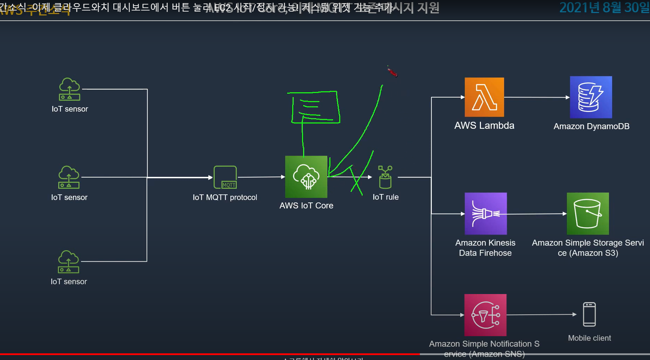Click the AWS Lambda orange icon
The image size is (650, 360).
484,97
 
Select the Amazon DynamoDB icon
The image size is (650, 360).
591,97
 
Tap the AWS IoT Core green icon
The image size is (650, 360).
306,177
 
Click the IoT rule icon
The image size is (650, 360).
385,177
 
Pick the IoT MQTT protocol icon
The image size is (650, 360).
225,177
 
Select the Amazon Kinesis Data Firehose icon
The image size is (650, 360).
485,213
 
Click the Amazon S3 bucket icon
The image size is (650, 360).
588,213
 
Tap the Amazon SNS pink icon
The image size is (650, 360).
485,315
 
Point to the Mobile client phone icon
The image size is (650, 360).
589,314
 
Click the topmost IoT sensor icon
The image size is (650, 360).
69,89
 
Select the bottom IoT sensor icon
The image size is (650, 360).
68,262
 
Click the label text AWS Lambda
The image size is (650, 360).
484,126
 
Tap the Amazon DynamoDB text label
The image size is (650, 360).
591,126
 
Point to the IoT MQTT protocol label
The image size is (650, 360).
225,198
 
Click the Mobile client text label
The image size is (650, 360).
589,338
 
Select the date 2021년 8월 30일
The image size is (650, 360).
604,8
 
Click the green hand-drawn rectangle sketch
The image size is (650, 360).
315,107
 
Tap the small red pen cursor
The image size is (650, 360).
393,72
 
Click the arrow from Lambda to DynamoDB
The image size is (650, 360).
537,97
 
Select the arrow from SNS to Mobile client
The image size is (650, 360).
541,315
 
